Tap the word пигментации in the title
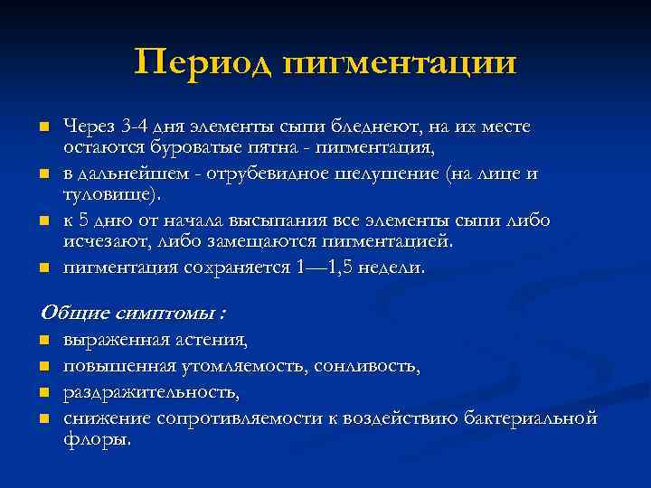pos(400,62)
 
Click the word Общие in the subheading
pos(72,314)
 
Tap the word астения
pos(211,341)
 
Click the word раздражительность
pos(151,393)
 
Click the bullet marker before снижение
pos(42,419)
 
